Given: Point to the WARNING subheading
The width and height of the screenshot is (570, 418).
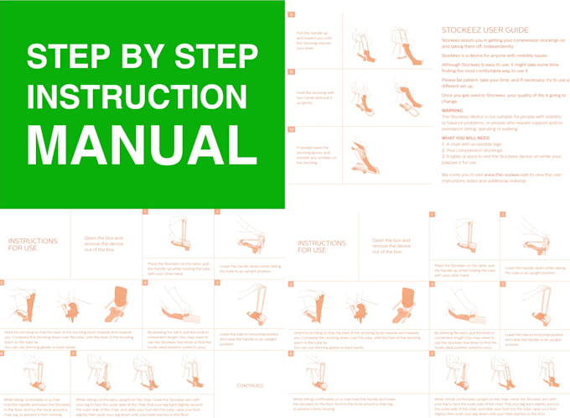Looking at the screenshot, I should [453, 110].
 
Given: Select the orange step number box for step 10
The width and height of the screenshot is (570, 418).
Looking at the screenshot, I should [291, 130].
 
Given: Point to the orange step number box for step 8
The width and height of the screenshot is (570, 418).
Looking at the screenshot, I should [291, 15].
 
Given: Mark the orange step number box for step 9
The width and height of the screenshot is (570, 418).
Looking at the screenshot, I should [291, 73].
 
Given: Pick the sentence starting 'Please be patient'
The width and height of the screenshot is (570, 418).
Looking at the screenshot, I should [498, 83].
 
